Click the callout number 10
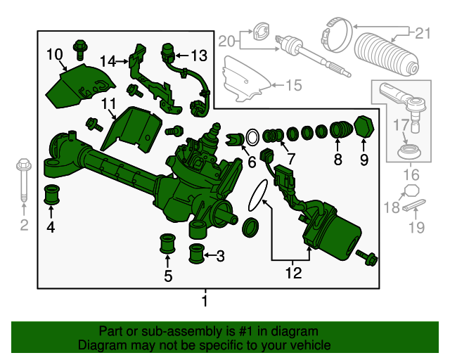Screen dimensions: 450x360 pos(55,54)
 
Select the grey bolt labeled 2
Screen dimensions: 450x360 pos(24,180)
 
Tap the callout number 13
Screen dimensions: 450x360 pos(199,56)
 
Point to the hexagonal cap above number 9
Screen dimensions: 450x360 pos(364,127)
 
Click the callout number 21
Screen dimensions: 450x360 pos(423,33)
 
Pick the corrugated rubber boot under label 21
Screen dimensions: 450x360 pos(386,56)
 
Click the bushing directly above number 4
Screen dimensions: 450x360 pos(51,195)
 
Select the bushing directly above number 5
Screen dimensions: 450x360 pos(167,244)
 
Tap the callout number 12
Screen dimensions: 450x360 pos(294,273)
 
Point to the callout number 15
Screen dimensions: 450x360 pos(294,85)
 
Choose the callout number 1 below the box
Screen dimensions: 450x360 pos(205,301)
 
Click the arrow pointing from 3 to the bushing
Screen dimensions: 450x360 pos(210,255)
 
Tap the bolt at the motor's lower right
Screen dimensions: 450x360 pos(366,257)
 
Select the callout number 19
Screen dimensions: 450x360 pos(416,227)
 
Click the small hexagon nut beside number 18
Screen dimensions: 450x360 pos(411,191)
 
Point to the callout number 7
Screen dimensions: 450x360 pos(290,158)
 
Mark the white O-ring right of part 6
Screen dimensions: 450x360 pos(252,138)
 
